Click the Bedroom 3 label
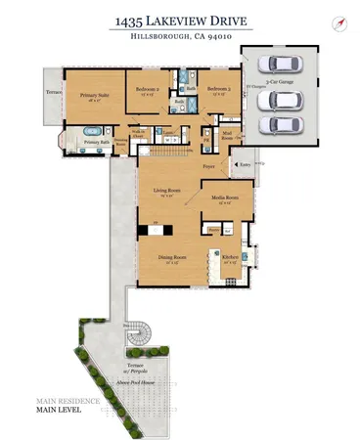218,90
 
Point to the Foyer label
208,167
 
